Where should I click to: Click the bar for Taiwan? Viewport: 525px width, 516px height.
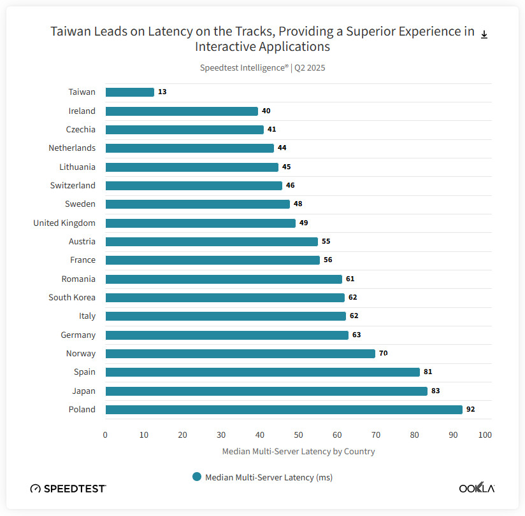tap(129, 92)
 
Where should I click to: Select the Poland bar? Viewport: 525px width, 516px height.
tap(284, 410)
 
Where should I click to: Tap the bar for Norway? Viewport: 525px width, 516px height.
tap(240, 354)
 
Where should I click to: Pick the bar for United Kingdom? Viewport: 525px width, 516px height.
tap(200, 223)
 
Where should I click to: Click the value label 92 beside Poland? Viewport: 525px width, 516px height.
tap(471, 410)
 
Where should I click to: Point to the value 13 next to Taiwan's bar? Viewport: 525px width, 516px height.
tap(162, 92)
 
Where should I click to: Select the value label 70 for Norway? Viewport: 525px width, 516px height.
tap(384, 354)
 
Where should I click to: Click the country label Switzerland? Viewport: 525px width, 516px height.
tap(73, 186)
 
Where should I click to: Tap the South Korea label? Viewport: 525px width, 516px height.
tap(72, 298)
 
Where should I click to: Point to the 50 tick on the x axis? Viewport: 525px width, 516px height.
tap(298, 435)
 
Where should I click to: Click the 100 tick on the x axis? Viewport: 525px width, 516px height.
tap(485, 435)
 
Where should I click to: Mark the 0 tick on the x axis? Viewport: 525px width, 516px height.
tap(105, 435)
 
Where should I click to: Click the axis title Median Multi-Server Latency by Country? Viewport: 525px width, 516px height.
tap(298, 452)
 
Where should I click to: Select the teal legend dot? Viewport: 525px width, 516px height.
tap(197, 477)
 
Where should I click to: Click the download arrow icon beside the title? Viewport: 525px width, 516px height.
tap(484, 34)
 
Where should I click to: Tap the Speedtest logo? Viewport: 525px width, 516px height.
tap(68, 489)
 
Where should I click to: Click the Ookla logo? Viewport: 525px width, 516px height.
tap(477, 489)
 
